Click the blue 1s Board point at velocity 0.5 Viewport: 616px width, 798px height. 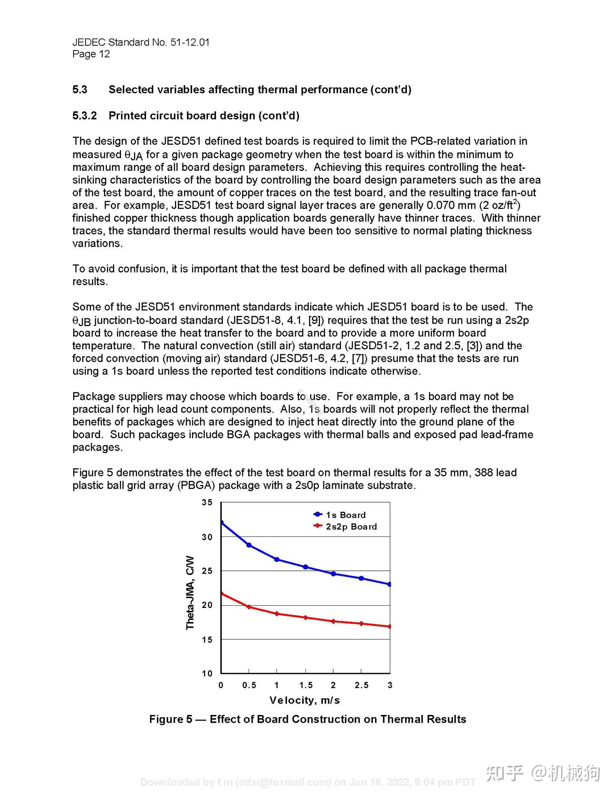(249, 545)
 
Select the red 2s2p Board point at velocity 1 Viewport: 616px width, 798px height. (277, 613)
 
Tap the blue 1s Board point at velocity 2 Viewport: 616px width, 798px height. (333, 574)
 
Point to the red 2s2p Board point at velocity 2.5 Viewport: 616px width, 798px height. (361, 623)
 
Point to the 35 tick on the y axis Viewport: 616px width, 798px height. (207, 503)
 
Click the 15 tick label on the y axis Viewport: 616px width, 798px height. (207, 640)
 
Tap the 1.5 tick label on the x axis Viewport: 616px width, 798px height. (305, 685)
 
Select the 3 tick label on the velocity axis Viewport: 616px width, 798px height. (390, 685)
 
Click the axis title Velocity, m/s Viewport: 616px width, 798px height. (305, 700)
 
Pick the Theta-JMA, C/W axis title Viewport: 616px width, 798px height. (190, 593)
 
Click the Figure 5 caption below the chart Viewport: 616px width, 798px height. (308, 719)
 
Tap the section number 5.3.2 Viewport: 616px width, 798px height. (85, 116)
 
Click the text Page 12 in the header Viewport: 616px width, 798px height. (91, 54)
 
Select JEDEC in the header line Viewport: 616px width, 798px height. (89, 42)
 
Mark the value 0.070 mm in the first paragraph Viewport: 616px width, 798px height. (451, 205)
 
